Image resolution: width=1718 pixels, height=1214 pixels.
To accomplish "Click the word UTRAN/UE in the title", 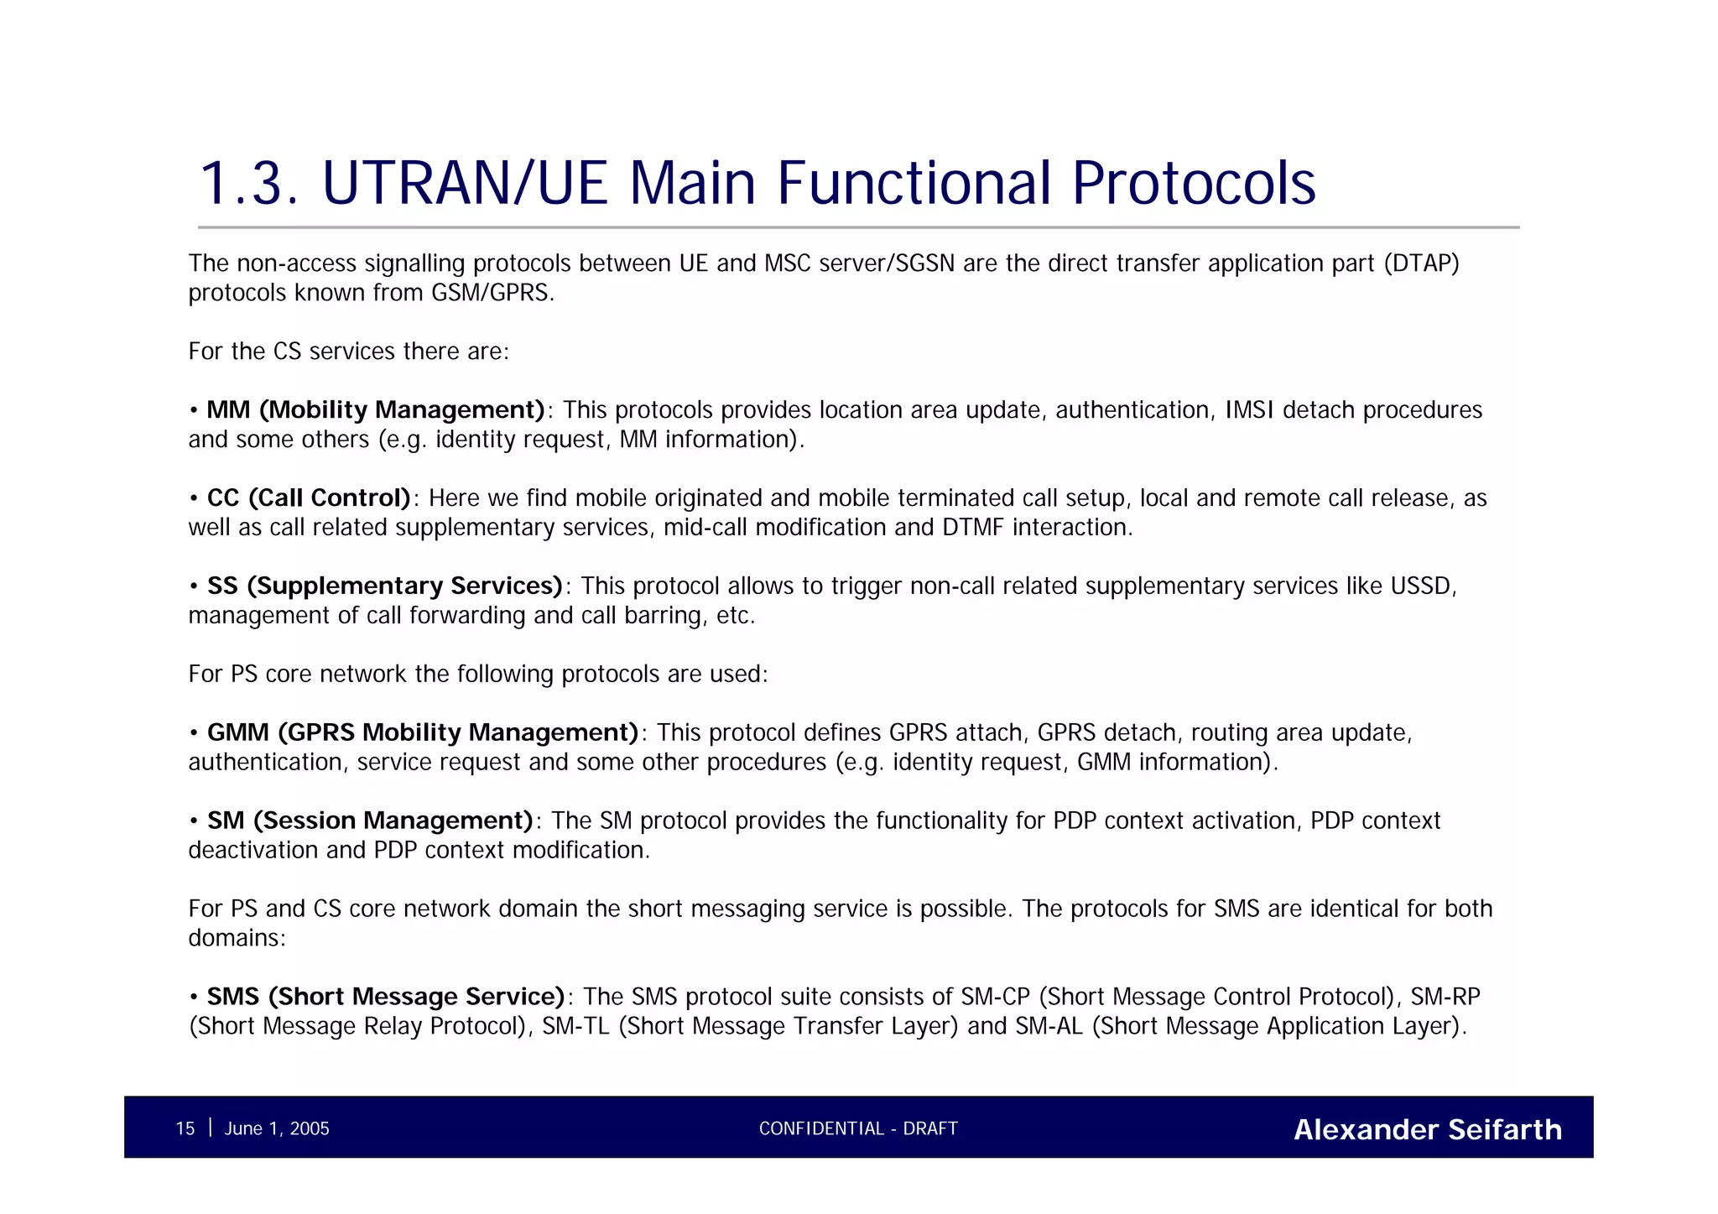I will pos(464,183).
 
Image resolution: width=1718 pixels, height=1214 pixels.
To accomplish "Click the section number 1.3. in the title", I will pos(248,183).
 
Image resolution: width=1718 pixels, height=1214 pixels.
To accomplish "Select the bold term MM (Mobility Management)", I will pos(376,410).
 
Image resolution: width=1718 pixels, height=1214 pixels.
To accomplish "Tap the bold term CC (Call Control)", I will pos(309,498).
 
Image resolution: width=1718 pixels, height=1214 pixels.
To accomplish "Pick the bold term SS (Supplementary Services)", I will pos(384,586).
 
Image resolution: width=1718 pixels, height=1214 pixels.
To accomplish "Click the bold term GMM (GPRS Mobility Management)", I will pos(423,732).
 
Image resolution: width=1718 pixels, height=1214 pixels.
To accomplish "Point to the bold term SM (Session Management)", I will pos(370,821).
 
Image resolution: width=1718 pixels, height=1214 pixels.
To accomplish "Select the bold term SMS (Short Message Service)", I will pos(386,997).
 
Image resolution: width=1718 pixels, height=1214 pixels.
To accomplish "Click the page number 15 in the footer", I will pos(185,1128).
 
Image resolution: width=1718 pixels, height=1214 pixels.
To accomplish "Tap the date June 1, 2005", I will pos(277,1128).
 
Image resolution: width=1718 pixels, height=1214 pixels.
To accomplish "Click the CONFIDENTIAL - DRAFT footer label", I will pos(858,1128).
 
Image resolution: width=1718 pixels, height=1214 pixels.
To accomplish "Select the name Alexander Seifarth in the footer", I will pos(1427,1129).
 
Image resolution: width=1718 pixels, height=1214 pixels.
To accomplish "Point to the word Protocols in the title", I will pos(1194,183).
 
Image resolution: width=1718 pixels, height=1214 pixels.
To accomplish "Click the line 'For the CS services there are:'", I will pos(348,352).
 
